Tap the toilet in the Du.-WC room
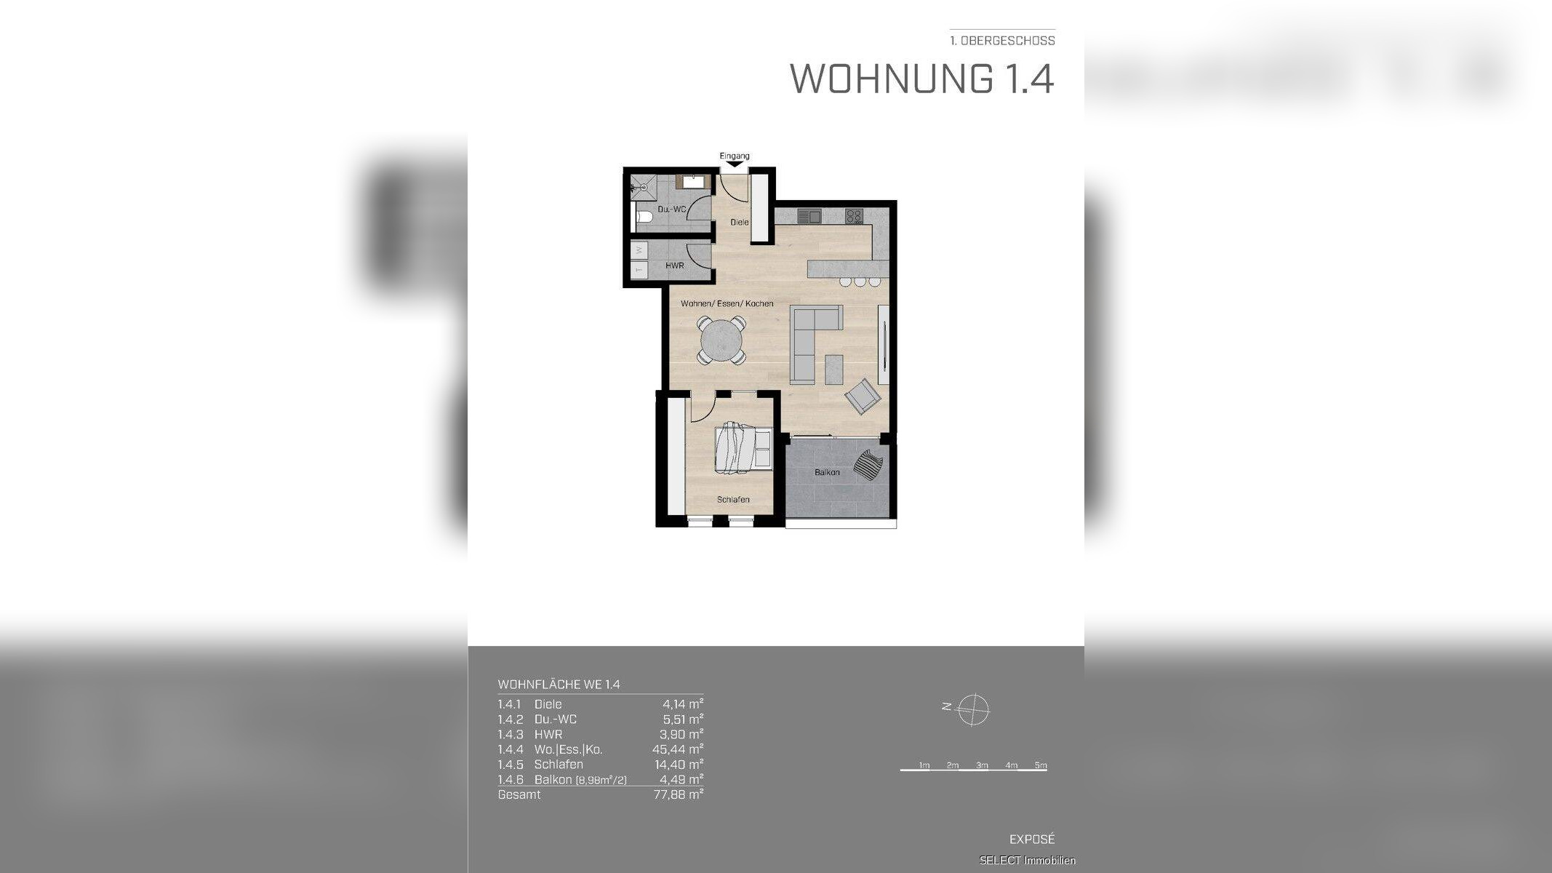(x=644, y=217)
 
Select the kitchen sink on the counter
(x=809, y=216)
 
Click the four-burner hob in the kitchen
(x=853, y=216)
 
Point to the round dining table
(x=721, y=340)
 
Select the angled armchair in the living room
(x=863, y=396)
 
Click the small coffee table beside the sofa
(x=834, y=370)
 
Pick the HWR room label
(x=674, y=266)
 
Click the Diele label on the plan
(x=739, y=222)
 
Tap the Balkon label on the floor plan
(x=827, y=473)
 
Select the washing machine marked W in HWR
(x=639, y=250)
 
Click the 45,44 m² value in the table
(x=677, y=749)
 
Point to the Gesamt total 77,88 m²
(x=677, y=794)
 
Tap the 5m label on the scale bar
(x=1040, y=765)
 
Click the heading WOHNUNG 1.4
(x=921, y=79)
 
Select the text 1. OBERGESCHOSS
(x=1002, y=41)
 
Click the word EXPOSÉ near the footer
(x=1031, y=839)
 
